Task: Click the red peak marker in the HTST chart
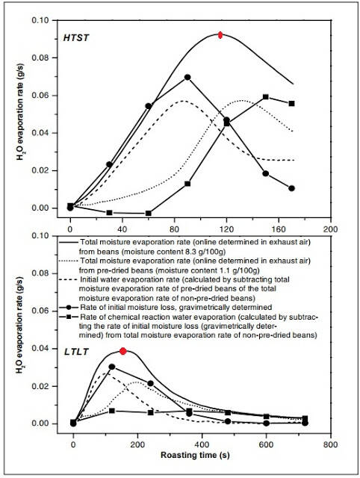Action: pos(220,35)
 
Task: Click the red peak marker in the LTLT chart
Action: pos(122,351)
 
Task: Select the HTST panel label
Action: pos(76,38)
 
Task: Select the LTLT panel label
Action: pos(76,352)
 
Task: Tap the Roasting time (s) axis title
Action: pos(195,456)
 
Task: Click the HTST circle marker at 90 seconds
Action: pos(187,78)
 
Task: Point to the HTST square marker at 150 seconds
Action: pos(265,97)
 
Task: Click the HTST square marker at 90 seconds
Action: pos(187,184)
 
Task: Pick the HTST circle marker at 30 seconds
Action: pos(109,164)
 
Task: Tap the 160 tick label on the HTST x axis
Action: pos(279,229)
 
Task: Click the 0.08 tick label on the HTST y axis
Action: pos(40,58)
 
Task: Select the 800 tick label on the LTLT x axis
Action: pos(330,445)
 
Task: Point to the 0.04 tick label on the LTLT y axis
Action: pos(40,349)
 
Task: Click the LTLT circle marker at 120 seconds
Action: pos(112,367)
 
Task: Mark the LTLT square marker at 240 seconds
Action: pos(151,412)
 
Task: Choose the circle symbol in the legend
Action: pos(69,307)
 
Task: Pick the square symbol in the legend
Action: pos(69,317)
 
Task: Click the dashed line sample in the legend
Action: pos(68,279)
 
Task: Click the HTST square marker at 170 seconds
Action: pos(292,104)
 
